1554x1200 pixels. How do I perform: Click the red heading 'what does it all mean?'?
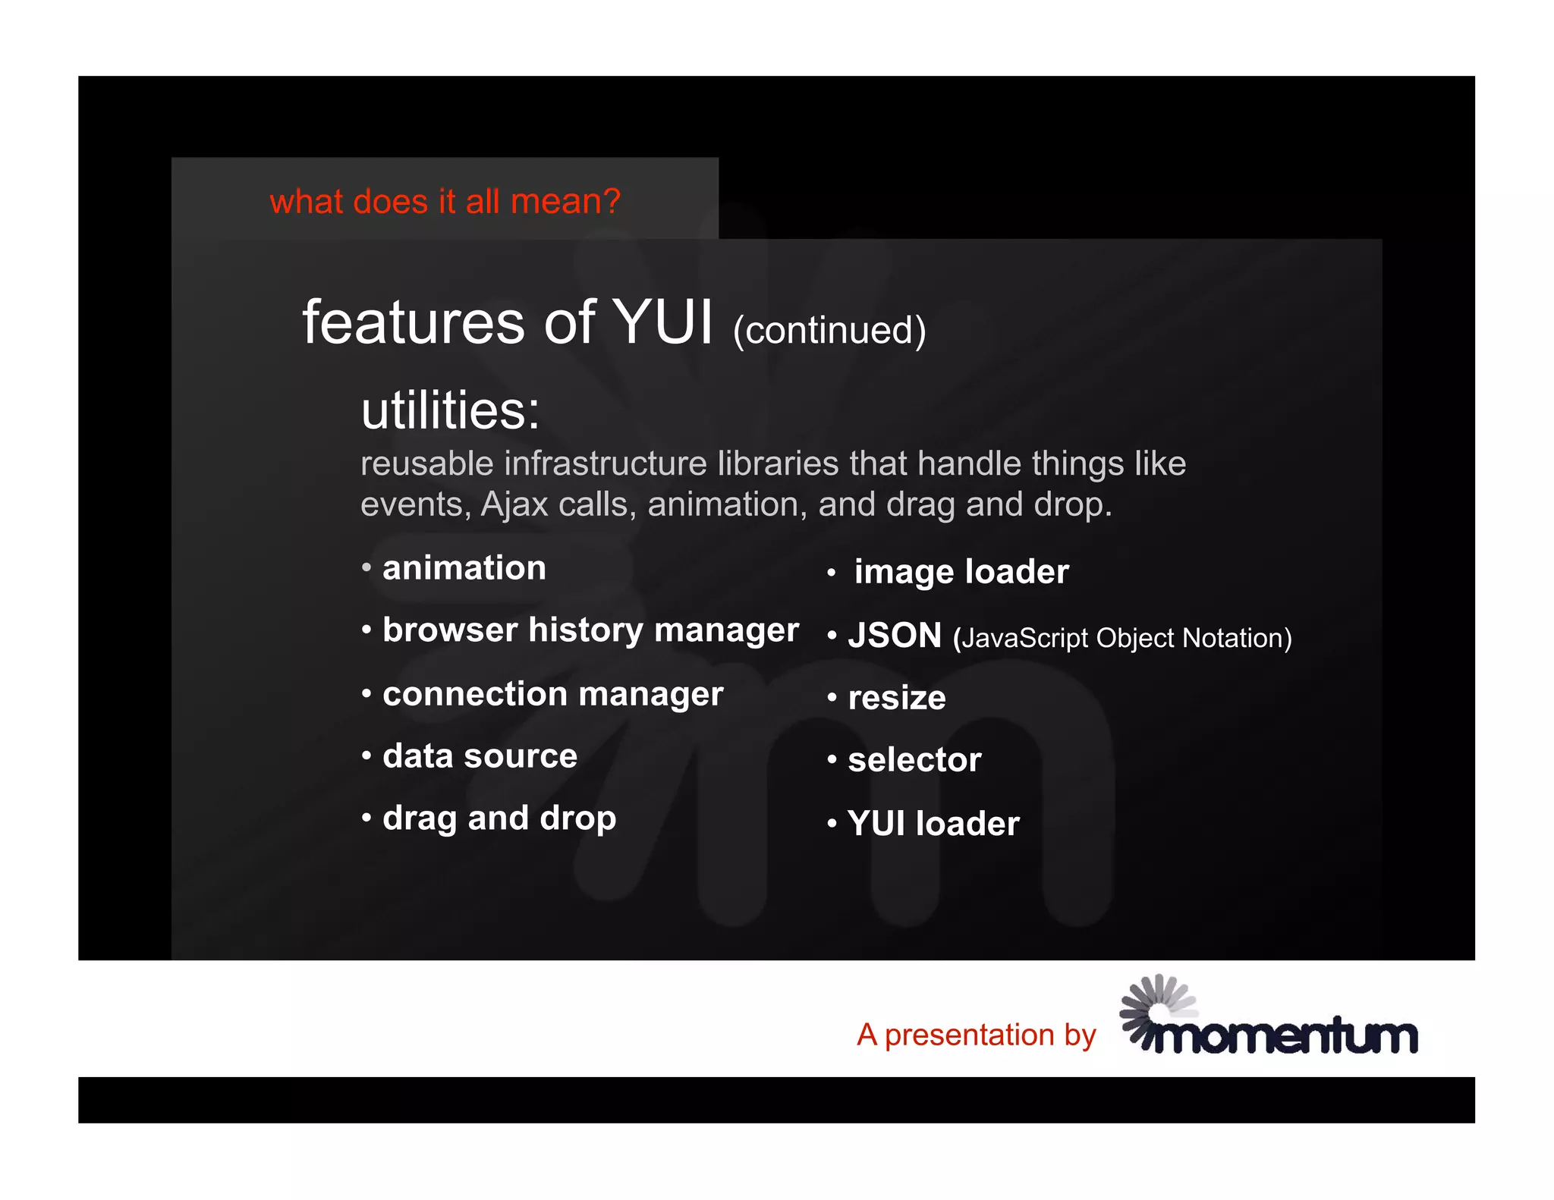(x=445, y=202)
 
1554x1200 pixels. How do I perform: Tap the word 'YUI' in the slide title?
(x=662, y=322)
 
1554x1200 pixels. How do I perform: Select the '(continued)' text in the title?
(x=829, y=331)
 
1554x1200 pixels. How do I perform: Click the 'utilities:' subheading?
(x=450, y=410)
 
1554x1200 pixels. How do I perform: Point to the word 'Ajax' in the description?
(x=514, y=504)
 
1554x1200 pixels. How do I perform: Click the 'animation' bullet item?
(x=464, y=568)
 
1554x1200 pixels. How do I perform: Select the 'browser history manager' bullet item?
(x=590, y=630)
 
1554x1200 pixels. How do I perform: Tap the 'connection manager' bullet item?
(x=552, y=694)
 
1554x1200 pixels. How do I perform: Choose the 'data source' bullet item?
(x=480, y=756)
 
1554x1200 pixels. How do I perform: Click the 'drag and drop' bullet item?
(x=499, y=818)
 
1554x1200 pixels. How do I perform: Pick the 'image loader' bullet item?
(x=961, y=572)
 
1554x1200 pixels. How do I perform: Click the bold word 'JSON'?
(x=895, y=636)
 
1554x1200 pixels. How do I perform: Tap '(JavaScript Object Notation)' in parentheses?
(x=1122, y=639)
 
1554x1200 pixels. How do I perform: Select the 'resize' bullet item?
(x=897, y=698)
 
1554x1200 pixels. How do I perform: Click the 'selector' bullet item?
(x=914, y=760)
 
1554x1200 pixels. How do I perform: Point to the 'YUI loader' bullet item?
(x=933, y=824)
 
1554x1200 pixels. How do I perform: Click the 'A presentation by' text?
(x=977, y=1035)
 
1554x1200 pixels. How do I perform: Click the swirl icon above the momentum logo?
(x=1155, y=1003)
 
